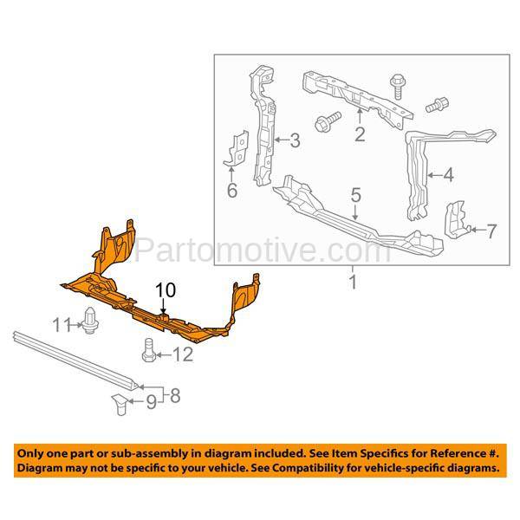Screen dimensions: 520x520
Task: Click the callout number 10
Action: [166, 290]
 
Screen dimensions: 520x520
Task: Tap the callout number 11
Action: [62, 325]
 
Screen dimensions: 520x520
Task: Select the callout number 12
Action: [183, 354]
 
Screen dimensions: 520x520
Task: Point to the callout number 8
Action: [175, 396]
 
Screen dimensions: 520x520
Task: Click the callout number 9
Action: [151, 402]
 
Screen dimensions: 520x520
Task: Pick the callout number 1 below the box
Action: [353, 282]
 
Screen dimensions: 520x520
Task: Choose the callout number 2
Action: [361, 134]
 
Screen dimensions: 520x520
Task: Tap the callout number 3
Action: [296, 140]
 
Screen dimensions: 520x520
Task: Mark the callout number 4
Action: [448, 175]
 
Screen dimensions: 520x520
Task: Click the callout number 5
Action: [355, 195]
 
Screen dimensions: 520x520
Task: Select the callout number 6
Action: [232, 191]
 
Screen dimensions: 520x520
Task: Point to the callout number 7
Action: [491, 231]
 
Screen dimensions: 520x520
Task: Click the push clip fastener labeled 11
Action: [90, 321]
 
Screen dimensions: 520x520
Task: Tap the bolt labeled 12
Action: [148, 350]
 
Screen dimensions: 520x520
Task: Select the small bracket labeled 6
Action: [237, 148]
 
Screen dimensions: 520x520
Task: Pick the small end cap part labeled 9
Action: [120, 404]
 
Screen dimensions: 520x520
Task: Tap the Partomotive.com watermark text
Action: [263, 250]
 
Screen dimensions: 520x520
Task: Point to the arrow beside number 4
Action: [435, 175]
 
